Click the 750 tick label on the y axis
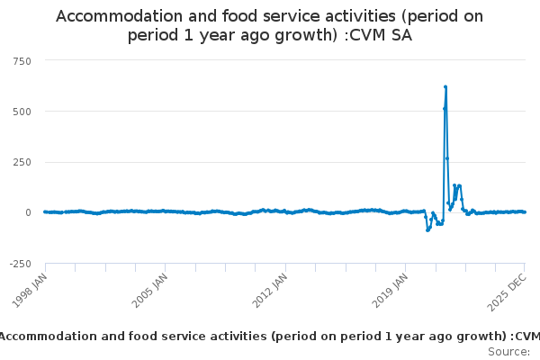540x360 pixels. [21, 60]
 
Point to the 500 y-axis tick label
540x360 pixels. [21, 112]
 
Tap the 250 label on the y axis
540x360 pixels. [21, 162]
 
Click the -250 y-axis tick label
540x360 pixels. [19, 264]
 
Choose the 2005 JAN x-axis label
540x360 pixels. [150, 290]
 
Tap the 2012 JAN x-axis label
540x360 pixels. [270, 290]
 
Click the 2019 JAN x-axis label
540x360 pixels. [390, 290]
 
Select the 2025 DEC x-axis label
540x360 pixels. [509, 290]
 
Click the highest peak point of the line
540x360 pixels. [445, 87]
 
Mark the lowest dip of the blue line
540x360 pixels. [427, 230]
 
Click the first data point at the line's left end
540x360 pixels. [45, 211]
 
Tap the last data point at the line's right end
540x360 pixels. [525, 212]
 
